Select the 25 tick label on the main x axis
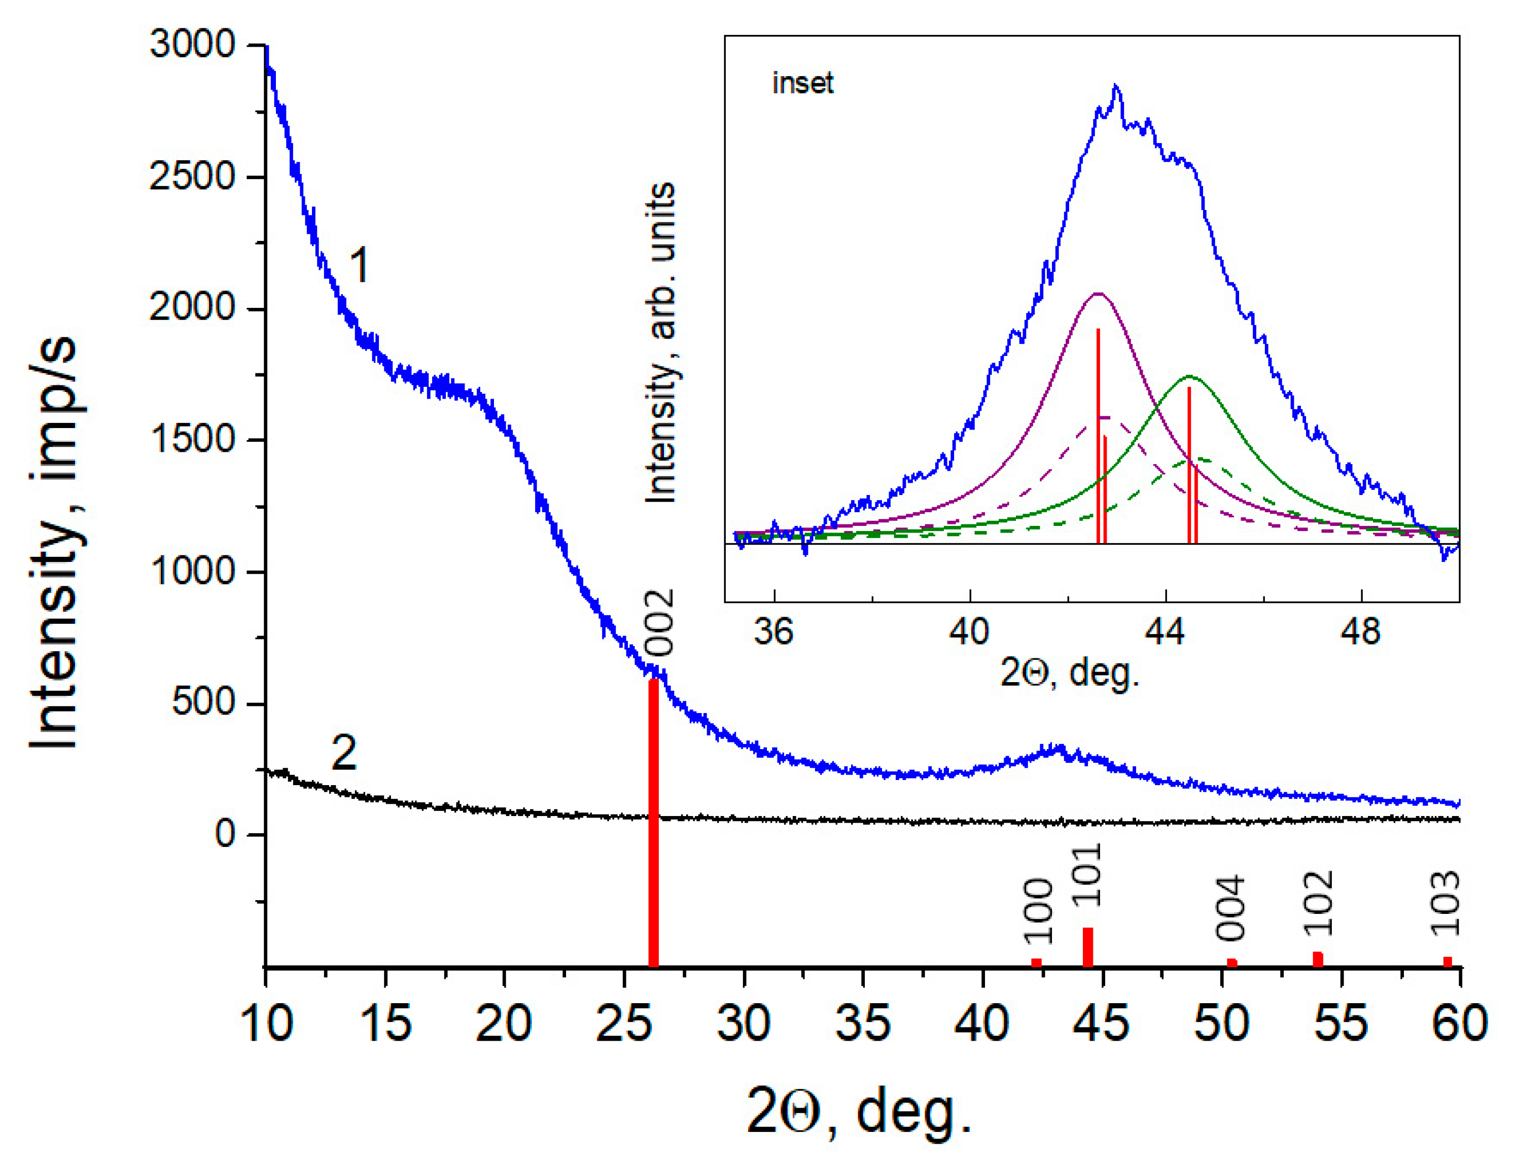(624, 1023)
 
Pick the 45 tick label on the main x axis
(1102, 1023)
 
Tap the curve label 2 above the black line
(343, 753)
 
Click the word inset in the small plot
(802, 83)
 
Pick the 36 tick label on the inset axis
(773, 632)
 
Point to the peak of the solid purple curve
(1098, 294)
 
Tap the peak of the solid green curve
(1189, 377)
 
